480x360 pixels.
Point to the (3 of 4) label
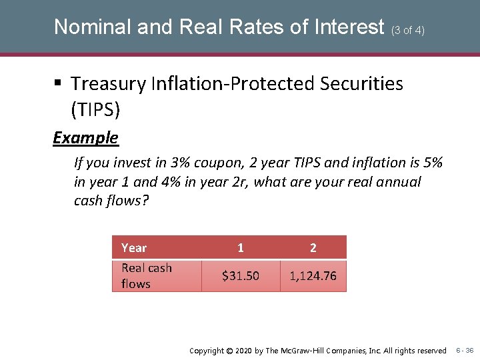pyautogui.click(x=408, y=30)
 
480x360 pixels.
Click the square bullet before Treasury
pyautogui.click(x=58, y=84)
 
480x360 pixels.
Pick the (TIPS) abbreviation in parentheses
pyautogui.click(x=95, y=109)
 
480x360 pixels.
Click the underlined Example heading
pyautogui.click(x=85, y=138)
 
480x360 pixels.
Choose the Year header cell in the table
pyautogui.click(x=134, y=248)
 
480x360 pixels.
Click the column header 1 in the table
pyautogui.click(x=241, y=248)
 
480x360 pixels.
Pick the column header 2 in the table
pyautogui.click(x=313, y=248)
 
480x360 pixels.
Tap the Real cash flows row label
pyautogui.click(x=147, y=276)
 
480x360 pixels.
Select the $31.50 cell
pyautogui.click(x=241, y=276)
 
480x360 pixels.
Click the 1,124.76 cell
pyautogui.click(x=313, y=276)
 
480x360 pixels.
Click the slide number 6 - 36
pyautogui.click(x=465, y=351)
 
